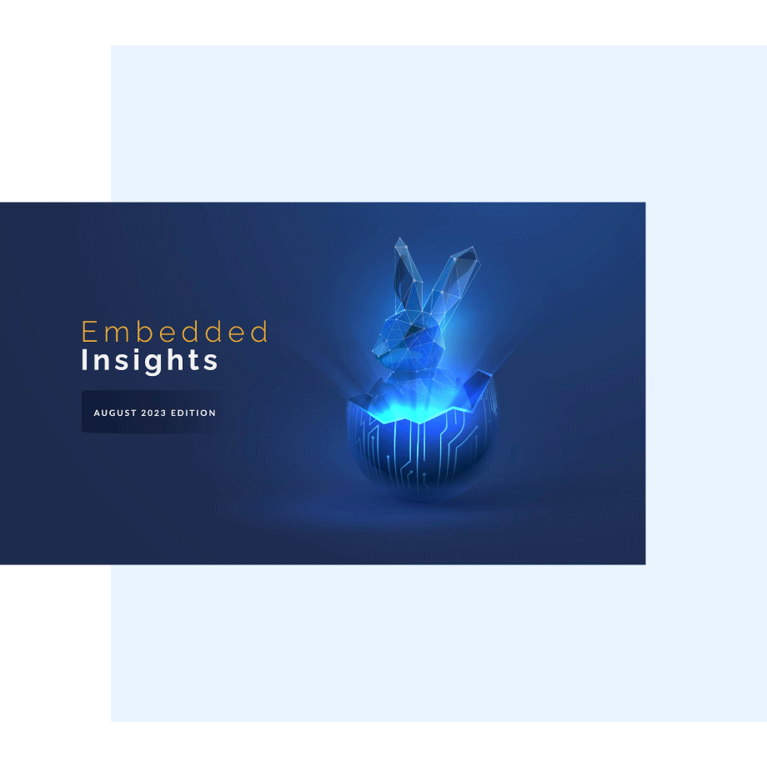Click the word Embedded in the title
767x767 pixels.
(x=174, y=332)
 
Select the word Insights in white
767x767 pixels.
(x=150, y=361)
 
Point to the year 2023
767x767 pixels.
(x=153, y=413)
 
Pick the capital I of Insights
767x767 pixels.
(x=85, y=360)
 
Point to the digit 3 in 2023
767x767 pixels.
(x=164, y=413)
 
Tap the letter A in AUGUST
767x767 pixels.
(x=97, y=413)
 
